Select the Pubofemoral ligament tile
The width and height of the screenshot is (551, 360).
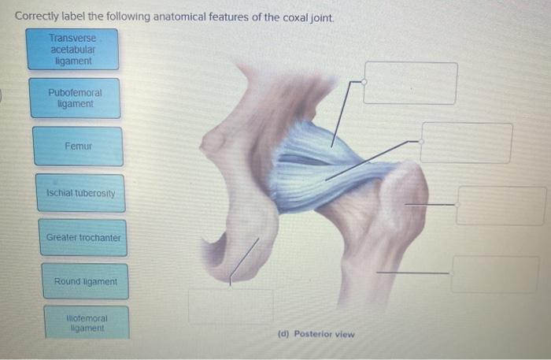click(x=75, y=98)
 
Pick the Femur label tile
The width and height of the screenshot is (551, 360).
click(x=78, y=147)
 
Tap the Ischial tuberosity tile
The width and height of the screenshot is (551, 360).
click(x=80, y=193)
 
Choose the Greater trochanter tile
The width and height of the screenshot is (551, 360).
click(x=83, y=237)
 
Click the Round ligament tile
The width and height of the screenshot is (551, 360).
click(x=85, y=281)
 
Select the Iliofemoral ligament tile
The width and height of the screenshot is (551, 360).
click(x=87, y=322)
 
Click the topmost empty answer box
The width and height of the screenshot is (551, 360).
click(x=409, y=83)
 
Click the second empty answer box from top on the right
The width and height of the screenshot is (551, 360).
click(x=466, y=143)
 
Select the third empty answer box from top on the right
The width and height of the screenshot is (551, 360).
click(x=501, y=206)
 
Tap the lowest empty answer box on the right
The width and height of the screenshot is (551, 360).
click(x=494, y=274)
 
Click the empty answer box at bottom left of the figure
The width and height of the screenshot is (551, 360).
click(x=231, y=306)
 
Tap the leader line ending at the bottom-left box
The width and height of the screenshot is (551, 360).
click(x=243, y=261)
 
